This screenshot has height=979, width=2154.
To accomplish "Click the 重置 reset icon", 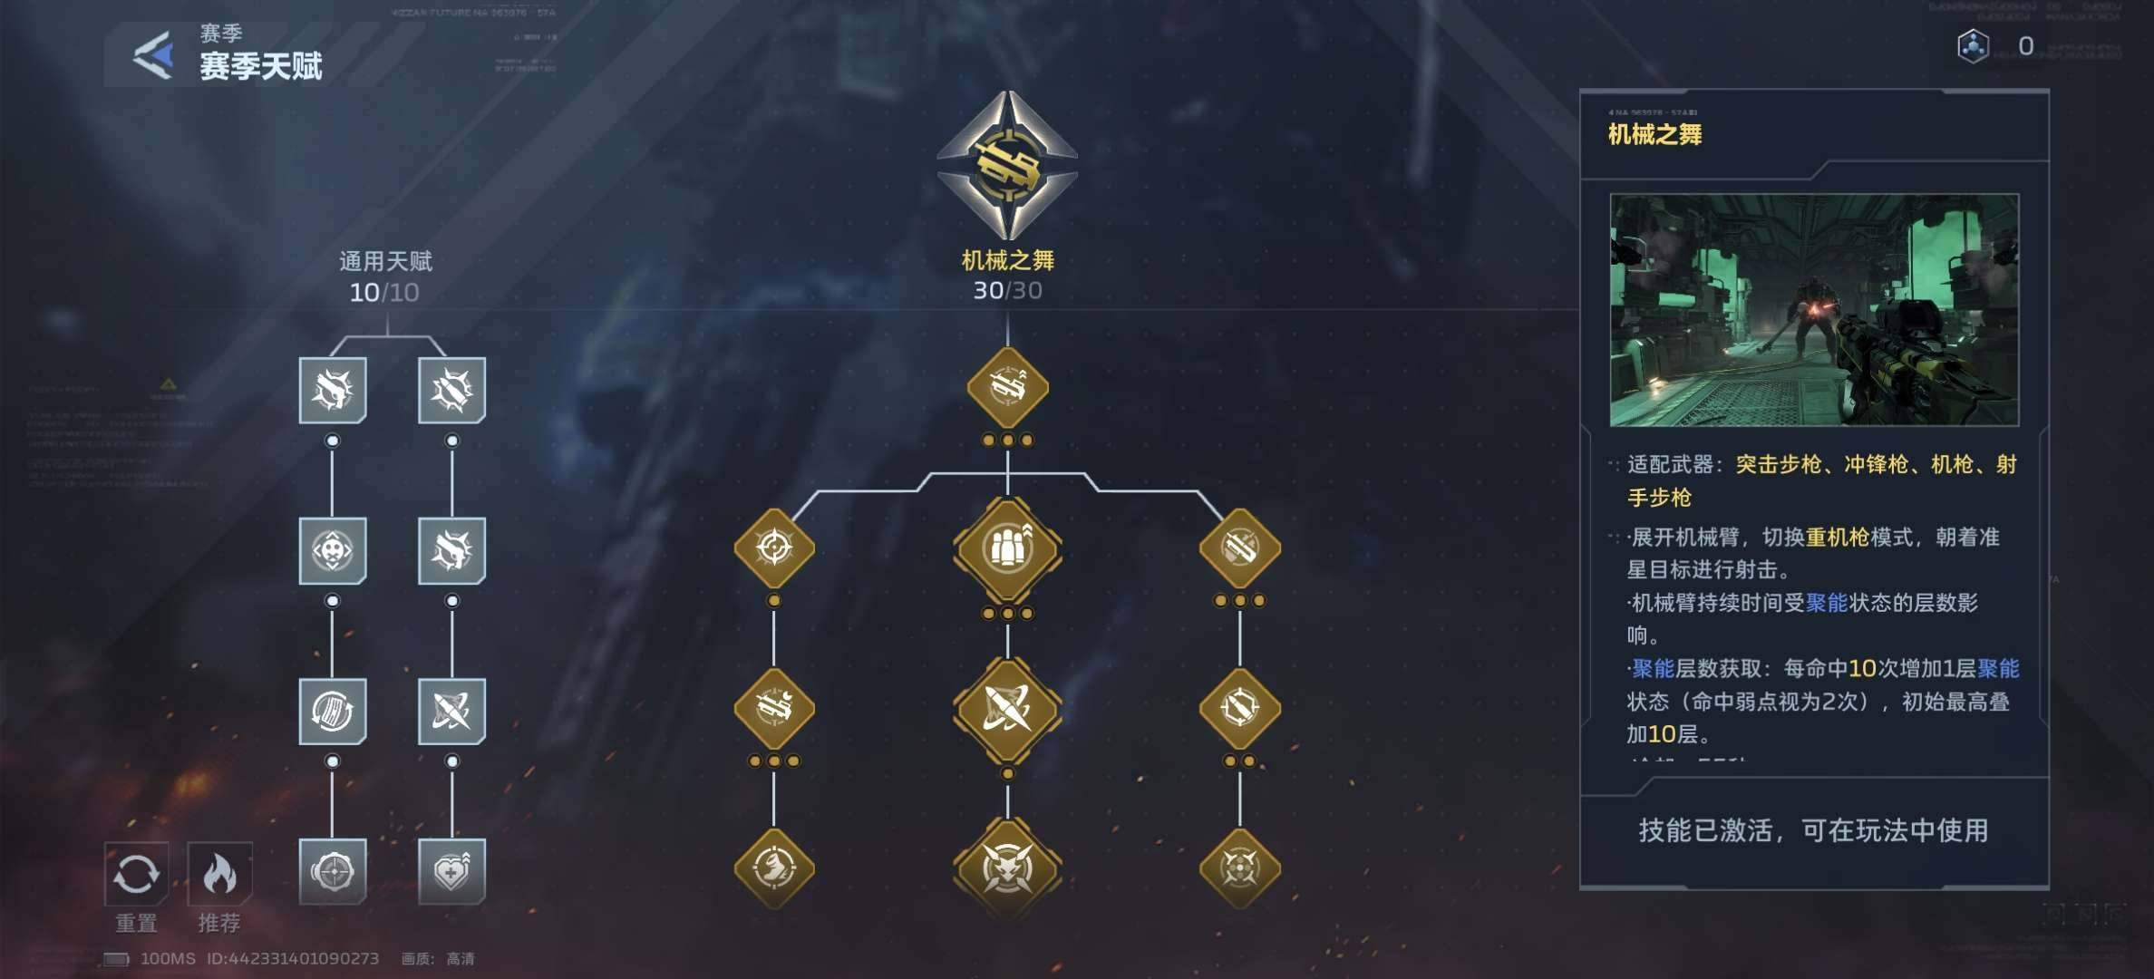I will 136,874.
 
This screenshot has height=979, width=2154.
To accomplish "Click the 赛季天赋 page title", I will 261,66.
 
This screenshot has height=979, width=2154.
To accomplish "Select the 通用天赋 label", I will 385,262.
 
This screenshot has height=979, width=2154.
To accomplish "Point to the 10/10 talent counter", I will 384,293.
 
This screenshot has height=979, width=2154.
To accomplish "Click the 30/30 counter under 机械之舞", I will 1007,291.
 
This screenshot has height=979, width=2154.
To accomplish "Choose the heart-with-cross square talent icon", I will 451,871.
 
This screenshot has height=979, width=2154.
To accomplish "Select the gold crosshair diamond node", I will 774,548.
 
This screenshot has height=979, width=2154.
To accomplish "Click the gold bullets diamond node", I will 1007,548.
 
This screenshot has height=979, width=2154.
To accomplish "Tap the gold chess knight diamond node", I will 774,868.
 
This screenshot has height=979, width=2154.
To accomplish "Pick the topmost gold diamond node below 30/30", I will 1007,388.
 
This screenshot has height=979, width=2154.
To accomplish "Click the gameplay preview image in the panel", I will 1814,310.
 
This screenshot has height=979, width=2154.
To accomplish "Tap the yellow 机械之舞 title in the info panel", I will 1654,135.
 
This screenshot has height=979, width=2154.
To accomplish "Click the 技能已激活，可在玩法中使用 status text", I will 1813,830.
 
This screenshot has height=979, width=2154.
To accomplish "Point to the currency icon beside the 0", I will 1973,46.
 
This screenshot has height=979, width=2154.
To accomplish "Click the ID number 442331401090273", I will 293,959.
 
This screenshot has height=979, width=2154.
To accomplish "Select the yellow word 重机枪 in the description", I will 1837,538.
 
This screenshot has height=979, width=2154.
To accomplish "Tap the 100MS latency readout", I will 168,959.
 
